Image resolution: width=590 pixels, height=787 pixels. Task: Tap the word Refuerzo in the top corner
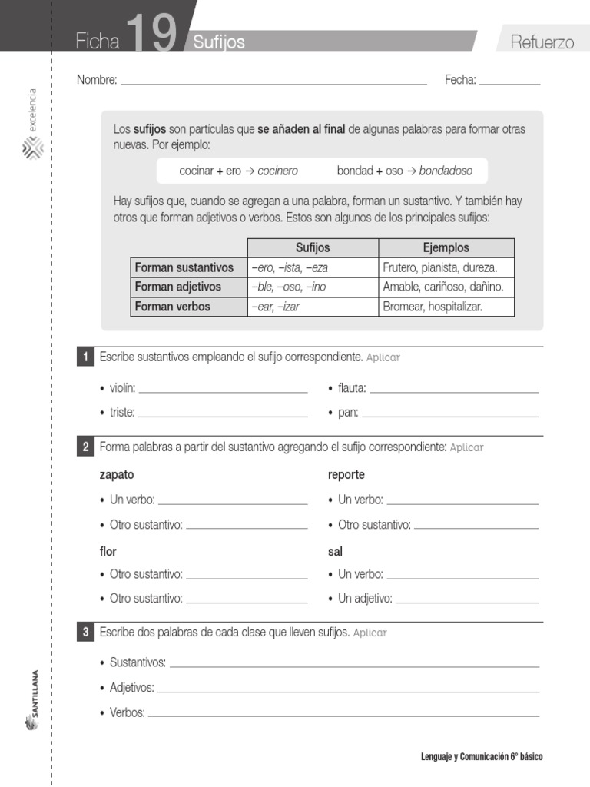542,42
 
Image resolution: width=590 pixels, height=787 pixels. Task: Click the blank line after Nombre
273,81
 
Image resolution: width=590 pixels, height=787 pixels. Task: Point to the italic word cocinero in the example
277,171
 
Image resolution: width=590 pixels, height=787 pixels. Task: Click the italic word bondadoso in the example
446,171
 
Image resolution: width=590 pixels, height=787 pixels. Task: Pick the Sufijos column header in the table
313,247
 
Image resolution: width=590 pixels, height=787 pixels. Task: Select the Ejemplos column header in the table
446,247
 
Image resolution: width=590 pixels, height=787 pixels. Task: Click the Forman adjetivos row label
177,287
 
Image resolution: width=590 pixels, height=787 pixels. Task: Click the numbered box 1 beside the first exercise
87,357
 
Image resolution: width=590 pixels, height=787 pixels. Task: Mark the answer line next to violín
223,390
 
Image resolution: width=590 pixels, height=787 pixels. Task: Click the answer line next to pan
450,414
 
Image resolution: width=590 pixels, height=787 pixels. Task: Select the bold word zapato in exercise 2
117,475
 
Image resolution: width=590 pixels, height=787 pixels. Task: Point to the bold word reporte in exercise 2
346,475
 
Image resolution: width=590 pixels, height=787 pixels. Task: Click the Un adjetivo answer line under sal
466,600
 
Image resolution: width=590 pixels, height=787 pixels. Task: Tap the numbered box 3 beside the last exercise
87,633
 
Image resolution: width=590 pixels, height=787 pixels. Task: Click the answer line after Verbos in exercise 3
343,715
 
